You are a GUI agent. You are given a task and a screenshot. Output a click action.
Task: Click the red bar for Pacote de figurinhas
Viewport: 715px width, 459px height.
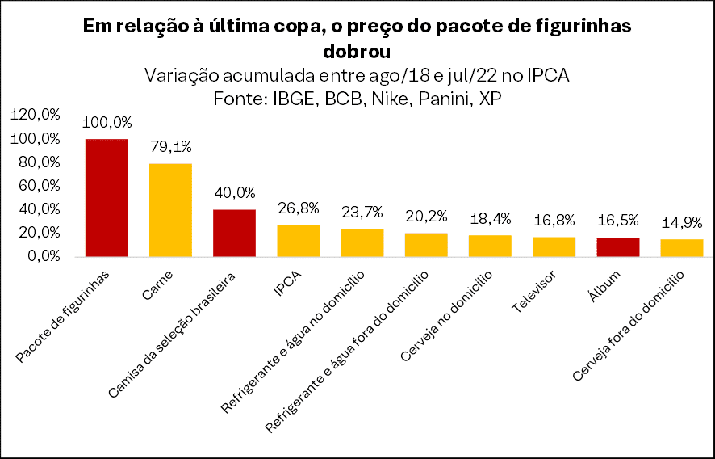pos(107,197)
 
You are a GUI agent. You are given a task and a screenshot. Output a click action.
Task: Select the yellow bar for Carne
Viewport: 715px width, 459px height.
pos(170,209)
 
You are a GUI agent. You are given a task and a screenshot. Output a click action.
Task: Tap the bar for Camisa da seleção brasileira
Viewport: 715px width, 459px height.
pos(234,233)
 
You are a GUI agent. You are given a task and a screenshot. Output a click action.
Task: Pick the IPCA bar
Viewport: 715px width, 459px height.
pos(298,241)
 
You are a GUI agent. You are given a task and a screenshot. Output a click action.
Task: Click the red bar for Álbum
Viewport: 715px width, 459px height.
pos(617,246)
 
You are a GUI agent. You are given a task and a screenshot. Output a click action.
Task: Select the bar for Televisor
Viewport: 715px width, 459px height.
pos(554,246)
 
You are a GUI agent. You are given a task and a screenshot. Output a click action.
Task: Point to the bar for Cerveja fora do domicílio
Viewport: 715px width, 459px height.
pos(681,247)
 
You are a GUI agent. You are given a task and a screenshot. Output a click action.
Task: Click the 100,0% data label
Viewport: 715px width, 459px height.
pos(107,123)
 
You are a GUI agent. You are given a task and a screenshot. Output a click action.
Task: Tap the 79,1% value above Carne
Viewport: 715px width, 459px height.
pos(170,147)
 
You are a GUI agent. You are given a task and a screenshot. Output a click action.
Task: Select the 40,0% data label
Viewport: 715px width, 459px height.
pos(234,193)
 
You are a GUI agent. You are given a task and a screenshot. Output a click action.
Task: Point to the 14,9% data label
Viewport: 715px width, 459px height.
pos(681,223)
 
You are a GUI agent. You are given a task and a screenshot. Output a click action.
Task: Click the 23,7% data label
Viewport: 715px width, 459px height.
pos(362,213)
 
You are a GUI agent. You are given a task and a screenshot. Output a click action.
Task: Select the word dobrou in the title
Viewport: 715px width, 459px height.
pos(357,52)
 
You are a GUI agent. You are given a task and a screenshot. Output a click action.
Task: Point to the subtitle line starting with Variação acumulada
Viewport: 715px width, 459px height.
pos(357,76)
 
